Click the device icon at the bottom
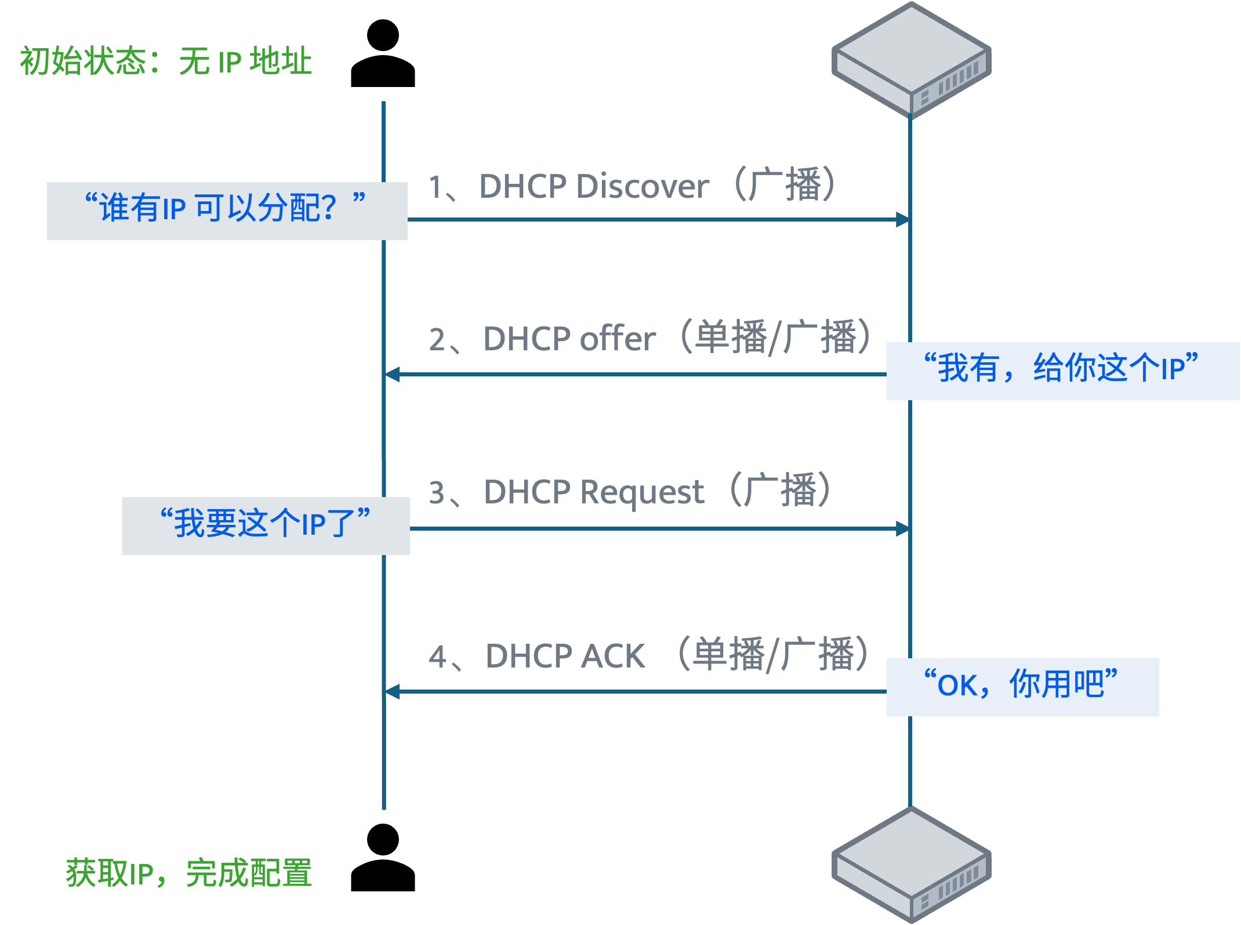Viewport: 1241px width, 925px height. pos(911,864)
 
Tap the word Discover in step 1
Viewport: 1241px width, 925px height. pos(643,187)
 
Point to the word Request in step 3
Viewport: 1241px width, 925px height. pos(642,493)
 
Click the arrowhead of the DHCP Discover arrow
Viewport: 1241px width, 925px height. pos(903,220)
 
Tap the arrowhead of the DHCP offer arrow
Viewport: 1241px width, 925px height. pos(393,375)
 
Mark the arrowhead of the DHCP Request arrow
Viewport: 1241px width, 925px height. pos(903,529)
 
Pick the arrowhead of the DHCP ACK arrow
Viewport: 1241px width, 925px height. pos(393,691)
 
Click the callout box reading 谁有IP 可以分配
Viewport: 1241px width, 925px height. pos(227,211)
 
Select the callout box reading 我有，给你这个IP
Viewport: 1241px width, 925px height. pos(1062,371)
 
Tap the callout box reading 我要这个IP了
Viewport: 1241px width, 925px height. pos(266,526)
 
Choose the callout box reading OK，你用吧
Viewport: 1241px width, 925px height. pos(1022,687)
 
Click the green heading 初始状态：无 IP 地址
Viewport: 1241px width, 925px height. pos(166,61)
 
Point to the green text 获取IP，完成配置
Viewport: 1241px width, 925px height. pos(189,873)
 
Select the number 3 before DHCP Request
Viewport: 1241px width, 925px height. pos(437,493)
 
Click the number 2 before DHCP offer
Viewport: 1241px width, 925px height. pos(437,340)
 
